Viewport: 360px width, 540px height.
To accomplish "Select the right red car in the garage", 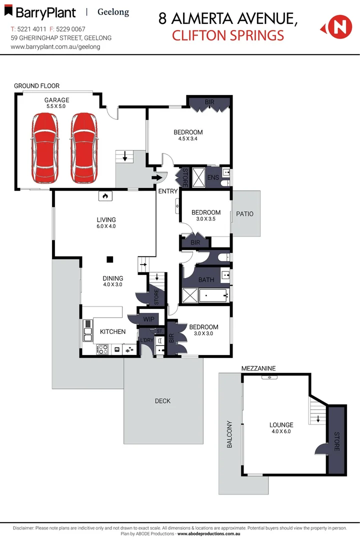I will coord(83,148).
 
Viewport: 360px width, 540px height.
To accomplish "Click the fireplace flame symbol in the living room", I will coord(104,196).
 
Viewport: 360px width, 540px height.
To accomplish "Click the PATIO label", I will coord(245,213).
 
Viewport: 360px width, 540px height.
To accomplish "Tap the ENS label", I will coord(213,177).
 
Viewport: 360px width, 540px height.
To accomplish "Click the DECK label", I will coord(162,400).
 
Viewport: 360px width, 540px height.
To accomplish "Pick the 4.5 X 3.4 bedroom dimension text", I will coord(188,138).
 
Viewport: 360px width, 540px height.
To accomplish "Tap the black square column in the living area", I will coord(109,259).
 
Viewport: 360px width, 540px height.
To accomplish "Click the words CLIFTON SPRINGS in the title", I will coord(227,35).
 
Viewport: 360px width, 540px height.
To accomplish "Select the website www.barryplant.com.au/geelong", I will coord(55,46).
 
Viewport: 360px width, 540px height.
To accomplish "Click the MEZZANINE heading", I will coord(258,368).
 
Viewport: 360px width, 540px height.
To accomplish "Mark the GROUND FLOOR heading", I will coord(36,86).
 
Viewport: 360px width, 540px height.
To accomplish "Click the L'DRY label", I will coord(146,340).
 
